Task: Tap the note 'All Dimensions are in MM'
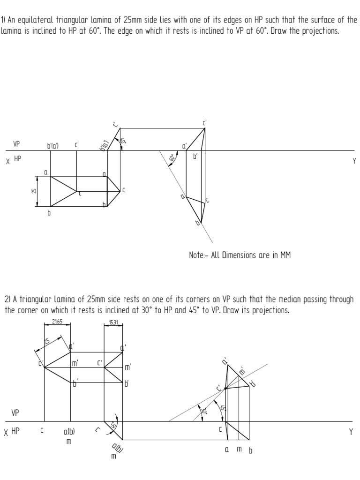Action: pyautogui.click(x=239, y=255)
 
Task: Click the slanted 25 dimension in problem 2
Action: pyautogui.click(x=47, y=342)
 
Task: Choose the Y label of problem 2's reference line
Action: pyautogui.click(x=350, y=432)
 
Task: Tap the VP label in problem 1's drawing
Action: pyautogui.click(x=16, y=145)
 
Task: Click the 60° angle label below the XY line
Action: pyautogui.click(x=172, y=158)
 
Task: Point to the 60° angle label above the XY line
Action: pyautogui.click(x=123, y=141)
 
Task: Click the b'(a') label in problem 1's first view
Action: pyautogui.click(x=52, y=146)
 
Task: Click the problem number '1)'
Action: pyautogui.click(x=3, y=20)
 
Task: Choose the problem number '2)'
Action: pyautogui.click(x=7, y=300)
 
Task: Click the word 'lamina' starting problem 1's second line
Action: pyautogui.click(x=12, y=32)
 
